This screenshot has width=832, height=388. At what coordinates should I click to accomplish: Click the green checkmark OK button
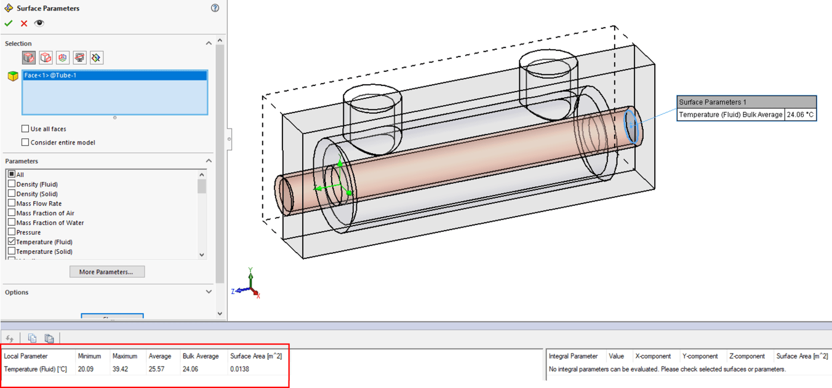[9, 23]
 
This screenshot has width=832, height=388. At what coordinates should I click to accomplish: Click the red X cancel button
[24, 23]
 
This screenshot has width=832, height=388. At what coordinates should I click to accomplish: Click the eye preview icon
[39, 23]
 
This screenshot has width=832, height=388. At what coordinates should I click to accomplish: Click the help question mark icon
[215, 8]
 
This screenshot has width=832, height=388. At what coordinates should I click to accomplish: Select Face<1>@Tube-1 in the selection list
[50, 76]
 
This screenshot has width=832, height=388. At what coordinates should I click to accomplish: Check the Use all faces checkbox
[25, 129]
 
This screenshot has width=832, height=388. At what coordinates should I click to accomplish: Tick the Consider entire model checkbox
[25, 143]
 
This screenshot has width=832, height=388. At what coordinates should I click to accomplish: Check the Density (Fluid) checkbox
[12, 184]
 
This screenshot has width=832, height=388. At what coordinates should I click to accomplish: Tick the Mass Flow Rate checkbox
[12, 204]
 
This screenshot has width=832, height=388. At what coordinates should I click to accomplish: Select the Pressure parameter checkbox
[12, 232]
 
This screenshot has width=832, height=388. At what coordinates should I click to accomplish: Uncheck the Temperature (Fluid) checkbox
[12, 242]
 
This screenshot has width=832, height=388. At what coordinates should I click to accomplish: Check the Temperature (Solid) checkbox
[12, 251]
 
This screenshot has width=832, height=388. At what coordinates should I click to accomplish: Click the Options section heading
[17, 293]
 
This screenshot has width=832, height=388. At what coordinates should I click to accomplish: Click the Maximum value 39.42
[120, 370]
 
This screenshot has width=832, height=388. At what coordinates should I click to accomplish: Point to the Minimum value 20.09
[86, 370]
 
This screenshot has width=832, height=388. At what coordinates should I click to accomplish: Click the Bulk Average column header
[201, 356]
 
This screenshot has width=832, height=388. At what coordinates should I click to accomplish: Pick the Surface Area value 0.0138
[239, 370]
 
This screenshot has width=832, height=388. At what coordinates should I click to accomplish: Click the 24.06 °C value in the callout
[800, 115]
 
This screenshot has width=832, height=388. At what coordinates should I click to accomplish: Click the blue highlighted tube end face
[631, 125]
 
